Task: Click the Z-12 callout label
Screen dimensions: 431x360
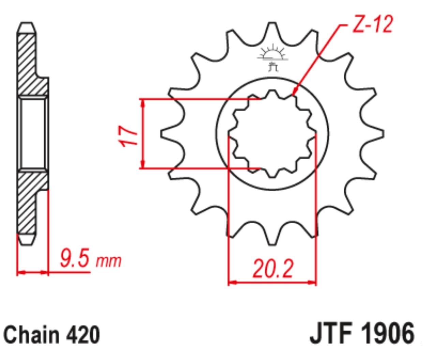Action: point(372,24)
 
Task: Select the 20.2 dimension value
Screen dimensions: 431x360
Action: point(272,269)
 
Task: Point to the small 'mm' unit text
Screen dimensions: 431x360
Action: point(108,261)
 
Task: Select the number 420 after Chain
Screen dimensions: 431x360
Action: point(83,335)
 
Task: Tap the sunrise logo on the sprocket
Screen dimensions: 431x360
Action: point(273,58)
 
